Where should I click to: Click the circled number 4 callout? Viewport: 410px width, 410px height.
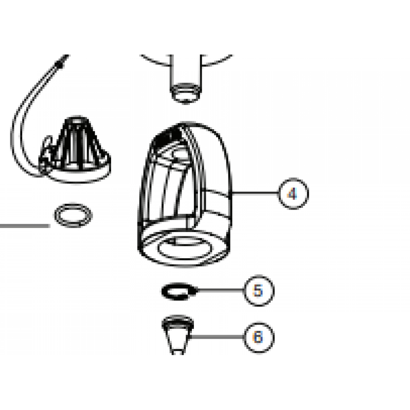click(x=293, y=194)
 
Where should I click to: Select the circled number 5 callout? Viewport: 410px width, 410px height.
click(x=258, y=291)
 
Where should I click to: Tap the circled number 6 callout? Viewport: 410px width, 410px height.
click(x=259, y=337)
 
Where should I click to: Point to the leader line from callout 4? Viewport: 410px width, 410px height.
click(x=255, y=194)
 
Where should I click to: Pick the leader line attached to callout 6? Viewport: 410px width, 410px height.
click(x=217, y=337)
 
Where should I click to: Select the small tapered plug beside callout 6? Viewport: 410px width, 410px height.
click(x=178, y=335)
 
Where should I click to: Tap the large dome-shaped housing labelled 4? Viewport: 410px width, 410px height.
click(x=184, y=194)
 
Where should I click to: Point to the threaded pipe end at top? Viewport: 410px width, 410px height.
click(x=185, y=93)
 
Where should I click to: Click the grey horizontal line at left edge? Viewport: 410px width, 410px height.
click(x=25, y=225)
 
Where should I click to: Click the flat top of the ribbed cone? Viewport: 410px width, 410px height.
click(x=76, y=118)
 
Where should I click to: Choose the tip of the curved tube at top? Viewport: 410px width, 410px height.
click(x=65, y=57)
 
